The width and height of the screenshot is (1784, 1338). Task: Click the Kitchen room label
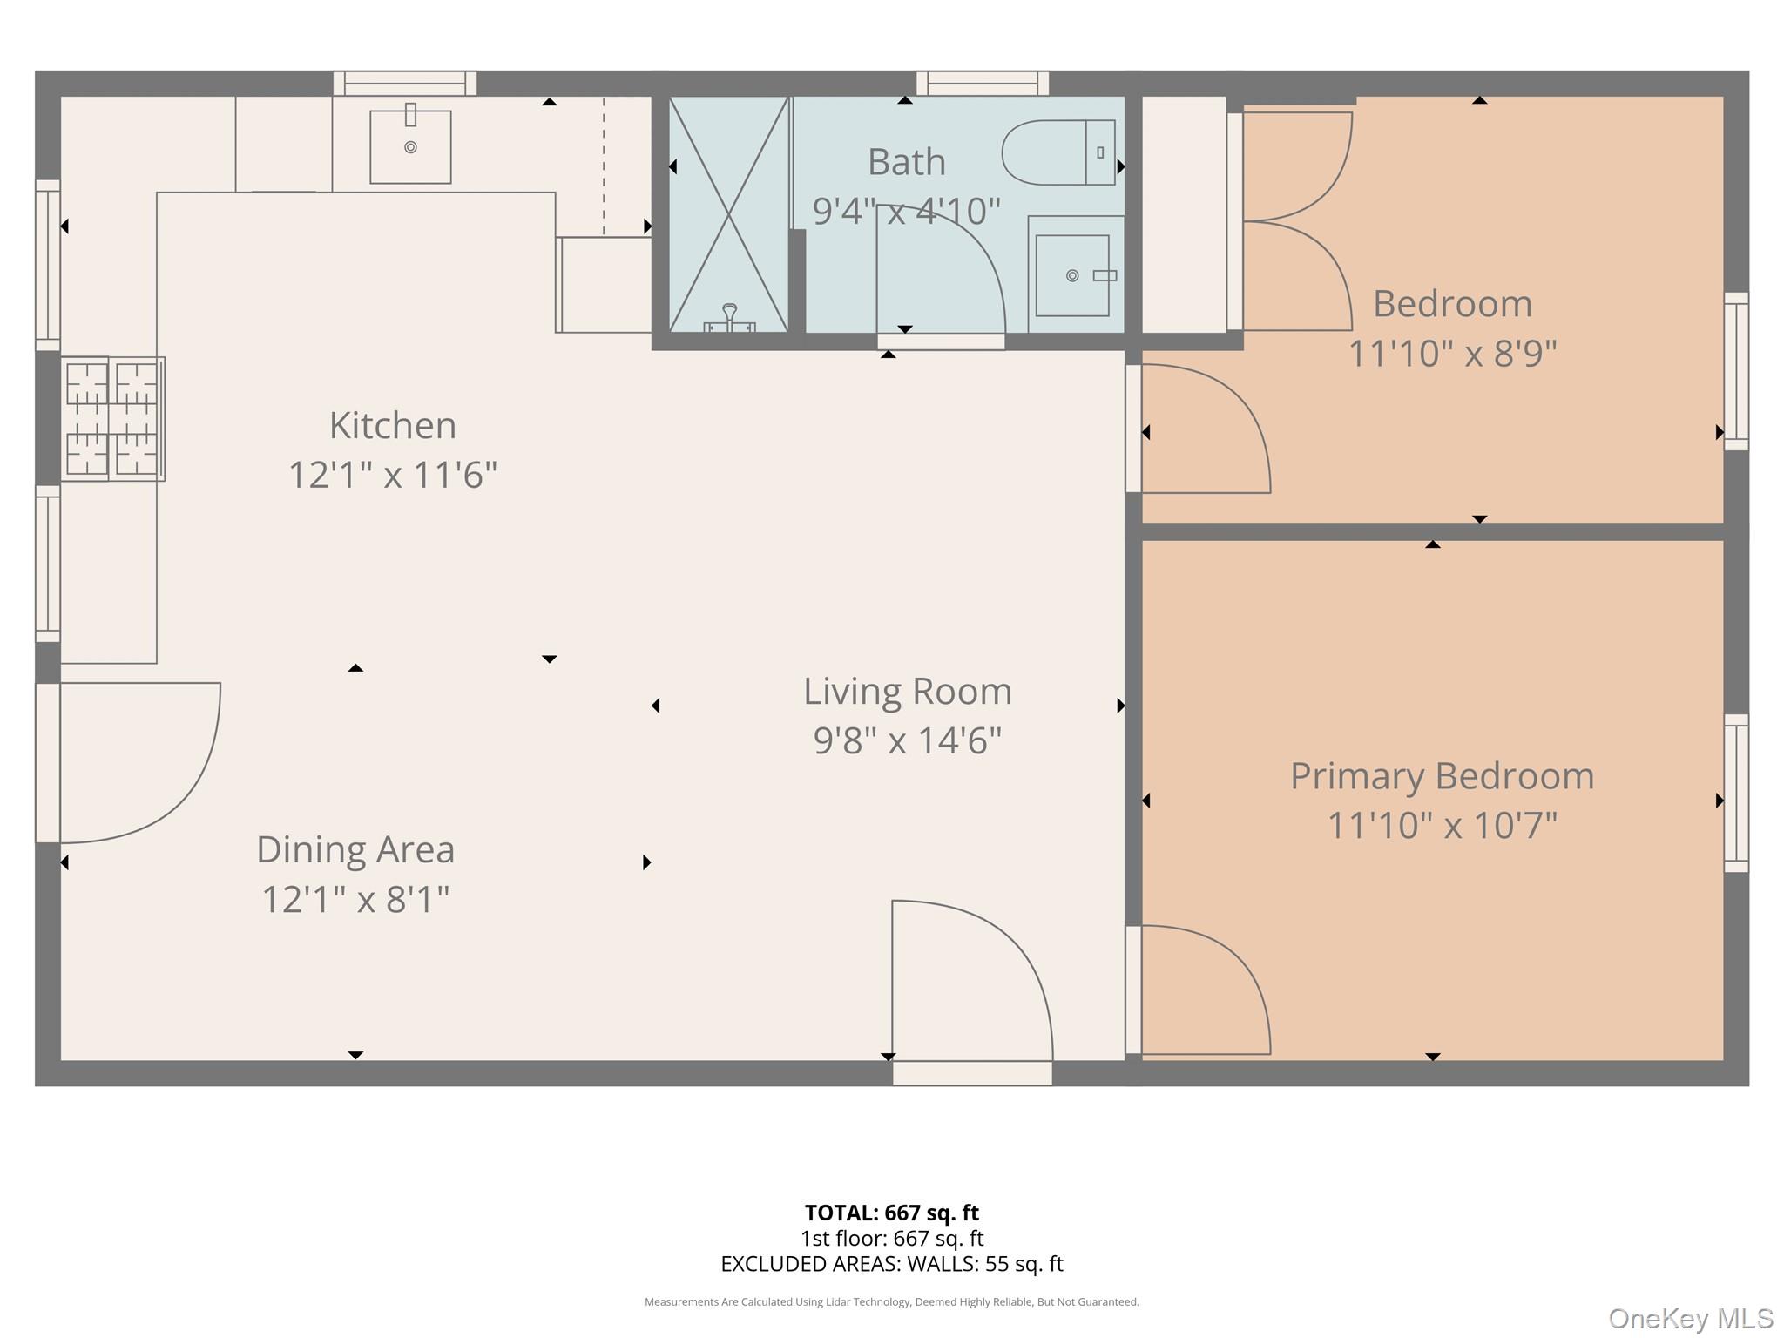392,426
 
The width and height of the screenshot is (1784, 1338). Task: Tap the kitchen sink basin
410,147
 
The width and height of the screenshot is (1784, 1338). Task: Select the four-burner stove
112,418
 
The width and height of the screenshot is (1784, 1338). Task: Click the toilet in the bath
1058,152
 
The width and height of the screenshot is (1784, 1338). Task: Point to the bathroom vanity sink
1072,275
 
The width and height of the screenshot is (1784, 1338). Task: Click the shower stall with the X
728,213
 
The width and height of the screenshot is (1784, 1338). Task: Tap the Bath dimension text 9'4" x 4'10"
906,212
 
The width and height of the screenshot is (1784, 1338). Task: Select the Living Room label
907,692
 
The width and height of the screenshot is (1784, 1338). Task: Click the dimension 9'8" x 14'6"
907,741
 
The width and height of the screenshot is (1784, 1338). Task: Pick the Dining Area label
355,850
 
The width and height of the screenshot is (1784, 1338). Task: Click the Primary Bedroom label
1442,776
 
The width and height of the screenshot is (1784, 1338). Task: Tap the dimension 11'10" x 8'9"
1452,354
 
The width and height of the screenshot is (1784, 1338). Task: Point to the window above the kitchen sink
405,84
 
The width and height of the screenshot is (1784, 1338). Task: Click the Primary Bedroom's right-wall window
1736,793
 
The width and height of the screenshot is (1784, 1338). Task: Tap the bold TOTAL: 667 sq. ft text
891,1213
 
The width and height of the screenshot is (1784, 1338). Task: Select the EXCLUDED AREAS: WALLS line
891,1264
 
